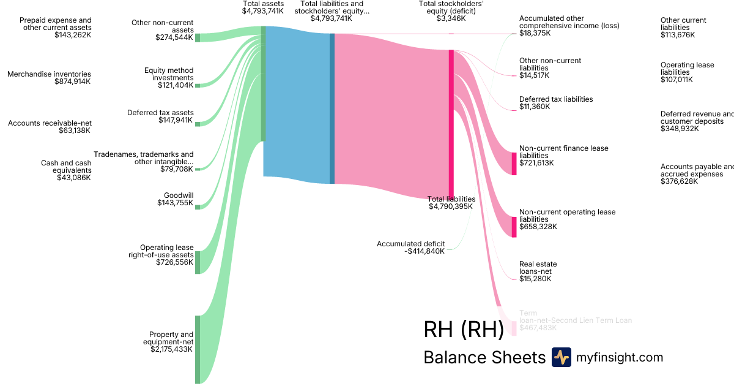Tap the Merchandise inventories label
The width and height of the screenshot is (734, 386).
pyautogui.click(x=49, y=74)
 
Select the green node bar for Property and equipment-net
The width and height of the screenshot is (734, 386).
pyautogui.click(x=198, y=349)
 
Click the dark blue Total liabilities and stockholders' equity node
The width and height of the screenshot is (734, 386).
pyautogui.click(x=332, y=108)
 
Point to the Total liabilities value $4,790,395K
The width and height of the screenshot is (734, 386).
pyautogui.click(x=451, y=206)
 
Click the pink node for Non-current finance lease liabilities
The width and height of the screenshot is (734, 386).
pyautogui.click(x=514, y=164)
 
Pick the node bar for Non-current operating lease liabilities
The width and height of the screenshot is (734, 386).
pyautogui.click(x=514, y=227)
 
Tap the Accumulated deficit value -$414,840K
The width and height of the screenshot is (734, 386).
pyautogui.click(x=425, y=251)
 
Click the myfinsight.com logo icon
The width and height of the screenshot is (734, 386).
pyautogui.click(x=561, y=357)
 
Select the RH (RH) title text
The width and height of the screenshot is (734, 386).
pyautogui.click(x=463, y=329)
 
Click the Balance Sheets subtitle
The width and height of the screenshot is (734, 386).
pyautogui.click(x=484, y=358)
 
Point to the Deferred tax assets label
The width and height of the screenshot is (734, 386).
pyautogui.click(x=160, y=113)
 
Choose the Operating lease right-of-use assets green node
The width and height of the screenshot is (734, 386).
pyautogui.click(x=198, y=262)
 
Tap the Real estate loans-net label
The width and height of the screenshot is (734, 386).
pyautogui.click(x=538, y=268)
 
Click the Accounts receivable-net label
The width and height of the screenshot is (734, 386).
pyautogui.click(x=50, y=123)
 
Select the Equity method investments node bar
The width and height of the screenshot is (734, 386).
pyautogui.click(x=198, y=86)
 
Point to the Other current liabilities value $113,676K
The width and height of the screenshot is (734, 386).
pyautogui.click(x=678, y=35)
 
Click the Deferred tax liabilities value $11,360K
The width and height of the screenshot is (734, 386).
pyautogui.click(x=535, y=107)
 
